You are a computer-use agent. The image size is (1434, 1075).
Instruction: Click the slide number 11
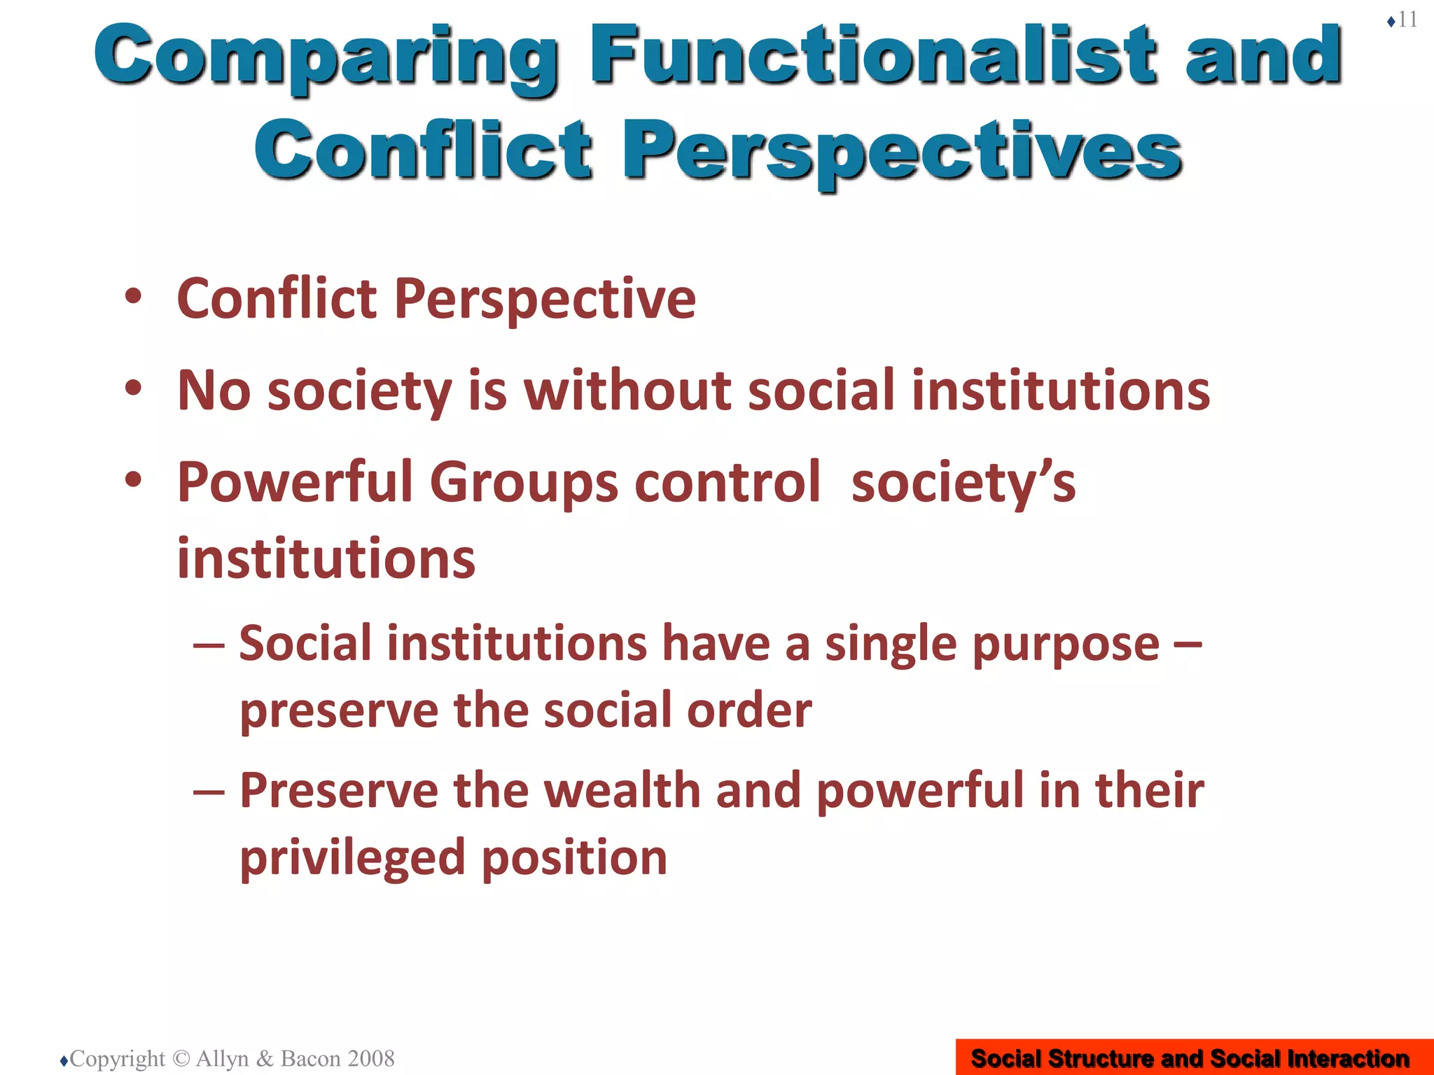click(1407, 20)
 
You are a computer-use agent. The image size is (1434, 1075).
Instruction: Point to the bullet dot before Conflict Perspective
click(133, 297)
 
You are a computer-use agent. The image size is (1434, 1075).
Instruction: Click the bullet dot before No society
click(133, 388)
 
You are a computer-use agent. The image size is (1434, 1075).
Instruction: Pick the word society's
click(963, 483)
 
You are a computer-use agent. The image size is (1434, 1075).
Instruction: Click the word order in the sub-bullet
click(749, 710)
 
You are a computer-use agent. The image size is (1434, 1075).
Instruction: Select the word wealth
click(622, 790)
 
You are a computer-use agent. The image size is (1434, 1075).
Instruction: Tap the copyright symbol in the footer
click(181, 1058)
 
